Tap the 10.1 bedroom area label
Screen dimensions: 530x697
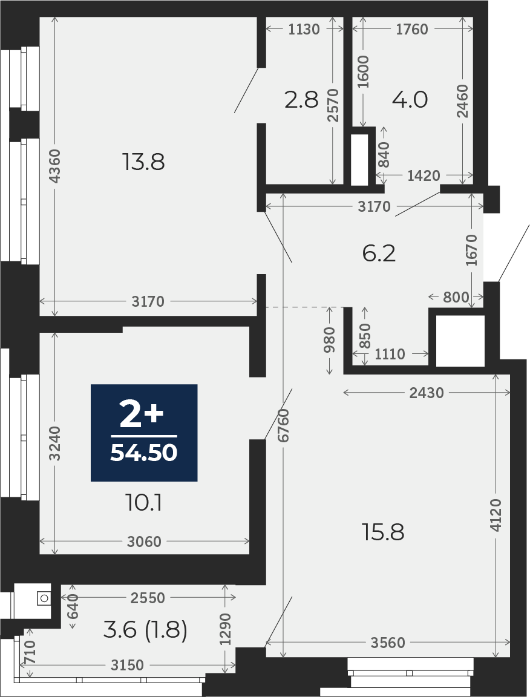pos(144,503)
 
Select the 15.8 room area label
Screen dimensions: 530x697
pos(383,532)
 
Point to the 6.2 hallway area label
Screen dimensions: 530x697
pos(379,254)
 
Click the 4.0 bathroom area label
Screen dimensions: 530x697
pos(410,100)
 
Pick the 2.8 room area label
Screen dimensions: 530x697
pos(301,100)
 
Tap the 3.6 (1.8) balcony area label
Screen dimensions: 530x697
pos(145,630)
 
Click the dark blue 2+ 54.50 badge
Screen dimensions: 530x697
pos(144,433)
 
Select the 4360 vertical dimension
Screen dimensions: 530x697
pos(54,166)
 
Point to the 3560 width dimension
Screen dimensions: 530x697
pos(388,643)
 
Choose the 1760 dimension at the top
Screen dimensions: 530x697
pos(412,29)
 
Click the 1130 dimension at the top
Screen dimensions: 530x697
pos(304,29)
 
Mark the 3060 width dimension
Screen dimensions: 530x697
pos(144,542)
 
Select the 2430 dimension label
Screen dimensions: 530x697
pos(427,393)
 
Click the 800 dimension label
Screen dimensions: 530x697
pos(456,297)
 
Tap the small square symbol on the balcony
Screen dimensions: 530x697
pos(44,598)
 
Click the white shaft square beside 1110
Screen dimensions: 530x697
pos(460,341)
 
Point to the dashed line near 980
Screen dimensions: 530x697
pos(305,307)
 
